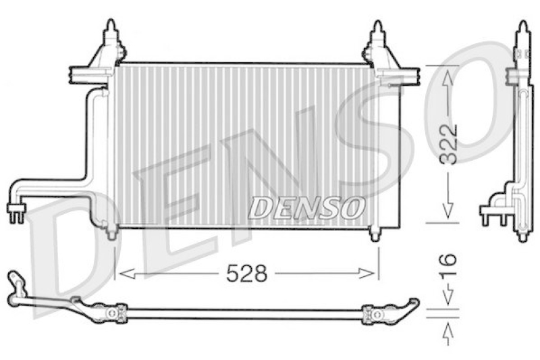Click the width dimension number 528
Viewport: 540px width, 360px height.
click(x=246, y=274)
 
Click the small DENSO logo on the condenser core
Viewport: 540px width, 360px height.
click(x=306, y=207)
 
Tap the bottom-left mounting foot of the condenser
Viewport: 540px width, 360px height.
click(x=111, y=234)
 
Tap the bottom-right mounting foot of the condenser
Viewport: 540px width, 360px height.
click(x=376, y=234)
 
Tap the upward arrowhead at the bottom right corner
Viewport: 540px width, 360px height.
click(x=447, y=331)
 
